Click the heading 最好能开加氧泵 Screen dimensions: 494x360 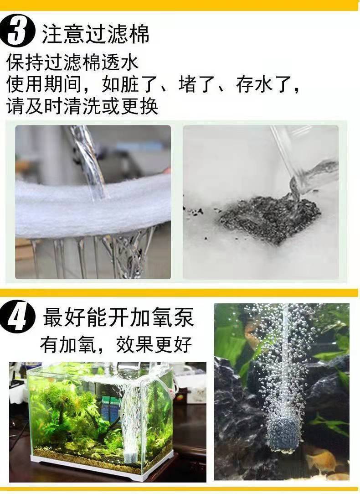click(x=119, y=317)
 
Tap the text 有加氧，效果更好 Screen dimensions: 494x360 click(x=116, y=344)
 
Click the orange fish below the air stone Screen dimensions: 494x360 click(x=321, y=461)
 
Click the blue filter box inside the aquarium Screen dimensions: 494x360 click(x=110, y=408)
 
